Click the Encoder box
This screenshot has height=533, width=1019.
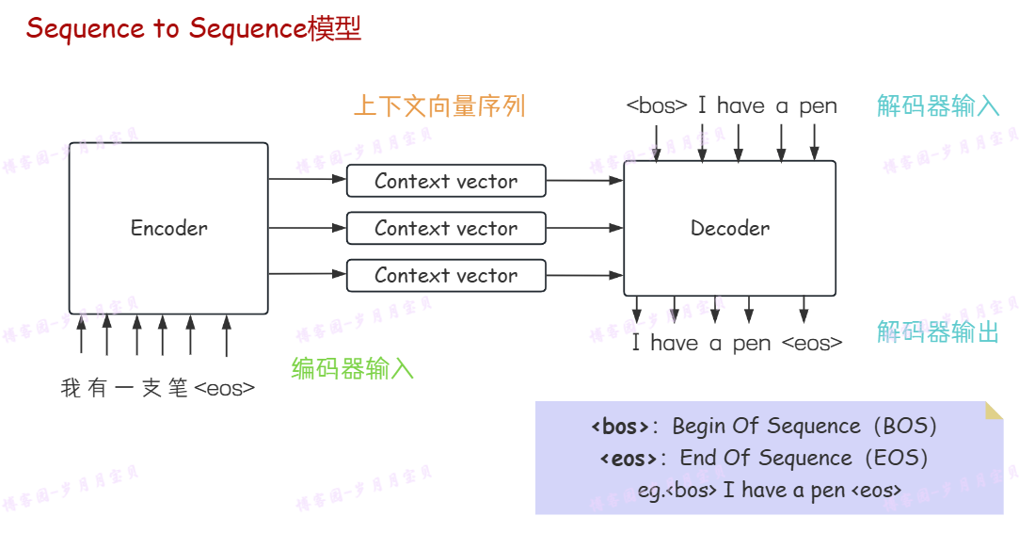169,228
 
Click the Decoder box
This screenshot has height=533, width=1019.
729,228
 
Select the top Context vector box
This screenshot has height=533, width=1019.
446,181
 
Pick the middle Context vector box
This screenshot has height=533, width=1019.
446,228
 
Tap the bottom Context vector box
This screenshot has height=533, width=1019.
446,275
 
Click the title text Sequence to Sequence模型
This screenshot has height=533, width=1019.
194,28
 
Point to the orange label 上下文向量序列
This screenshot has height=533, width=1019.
438,105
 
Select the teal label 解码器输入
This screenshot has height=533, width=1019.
938,105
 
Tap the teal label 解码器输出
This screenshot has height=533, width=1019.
938,332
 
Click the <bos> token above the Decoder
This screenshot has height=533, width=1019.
657,106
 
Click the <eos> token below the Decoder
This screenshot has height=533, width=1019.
812,344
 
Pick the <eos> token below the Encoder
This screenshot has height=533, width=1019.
224,388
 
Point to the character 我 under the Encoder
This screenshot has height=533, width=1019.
71,388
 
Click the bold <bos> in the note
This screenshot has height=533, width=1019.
620,427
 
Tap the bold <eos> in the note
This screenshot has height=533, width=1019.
628,459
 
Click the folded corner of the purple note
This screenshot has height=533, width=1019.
994,411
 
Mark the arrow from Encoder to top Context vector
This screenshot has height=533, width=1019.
307,179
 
